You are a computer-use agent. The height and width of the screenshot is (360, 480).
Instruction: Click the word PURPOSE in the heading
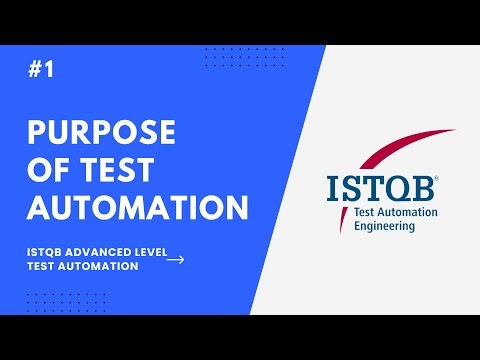(x=102, y=132)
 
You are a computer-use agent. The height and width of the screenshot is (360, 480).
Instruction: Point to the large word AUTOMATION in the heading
(x=137, y=208)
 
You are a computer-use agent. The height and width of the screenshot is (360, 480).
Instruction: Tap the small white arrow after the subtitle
(x=175, y=260)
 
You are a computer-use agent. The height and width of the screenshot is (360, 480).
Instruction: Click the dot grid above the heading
(x=230, y=57)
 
